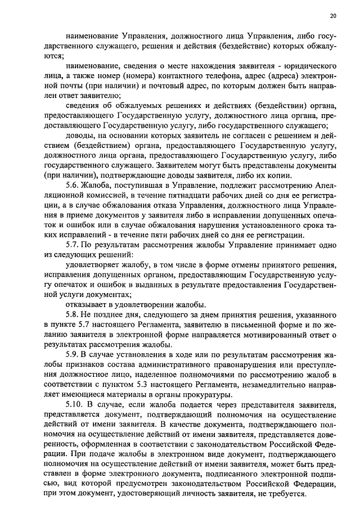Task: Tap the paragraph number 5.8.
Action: [73, 314]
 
